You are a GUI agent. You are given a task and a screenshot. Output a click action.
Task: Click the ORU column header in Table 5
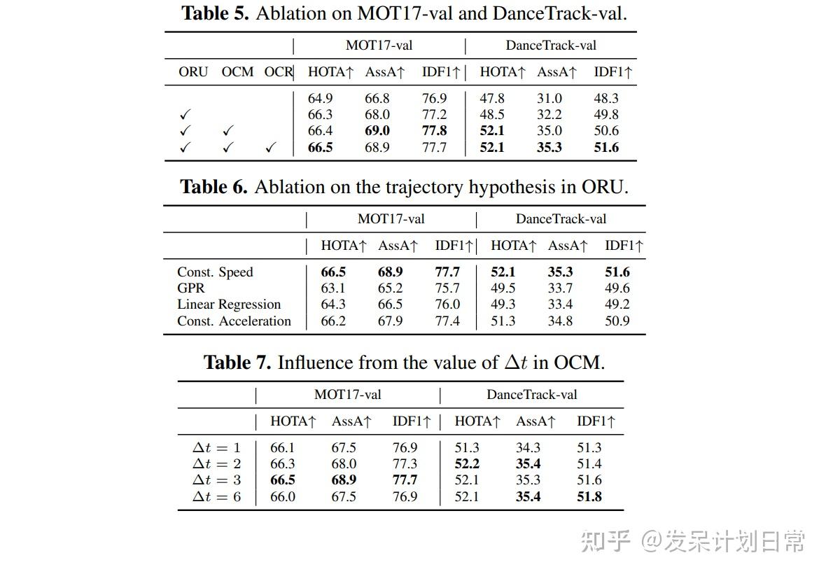193,72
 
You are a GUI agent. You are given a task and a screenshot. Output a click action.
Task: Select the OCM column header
237,72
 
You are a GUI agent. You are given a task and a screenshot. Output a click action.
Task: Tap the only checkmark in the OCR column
271,148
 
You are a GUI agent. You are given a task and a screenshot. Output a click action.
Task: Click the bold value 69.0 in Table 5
377,131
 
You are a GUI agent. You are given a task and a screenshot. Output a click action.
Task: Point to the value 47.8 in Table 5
492,99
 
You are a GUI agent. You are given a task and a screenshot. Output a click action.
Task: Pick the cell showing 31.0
549,99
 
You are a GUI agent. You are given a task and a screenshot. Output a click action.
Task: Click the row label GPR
190,288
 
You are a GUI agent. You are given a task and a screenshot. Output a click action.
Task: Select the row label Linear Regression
229,304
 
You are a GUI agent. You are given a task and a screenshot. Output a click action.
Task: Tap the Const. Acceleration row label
234,321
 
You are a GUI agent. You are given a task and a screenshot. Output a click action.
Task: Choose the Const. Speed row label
215,272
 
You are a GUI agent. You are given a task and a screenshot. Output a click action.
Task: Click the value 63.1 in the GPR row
333,288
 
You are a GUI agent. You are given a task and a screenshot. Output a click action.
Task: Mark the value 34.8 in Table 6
560,321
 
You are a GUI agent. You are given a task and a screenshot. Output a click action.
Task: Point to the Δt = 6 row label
217,497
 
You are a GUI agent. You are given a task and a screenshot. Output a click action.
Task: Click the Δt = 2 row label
217,464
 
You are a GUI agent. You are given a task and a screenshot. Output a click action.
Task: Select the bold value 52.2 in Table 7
467,464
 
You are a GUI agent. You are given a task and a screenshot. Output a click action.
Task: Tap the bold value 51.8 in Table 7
589,497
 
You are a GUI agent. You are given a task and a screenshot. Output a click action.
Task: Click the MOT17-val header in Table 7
347,395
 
